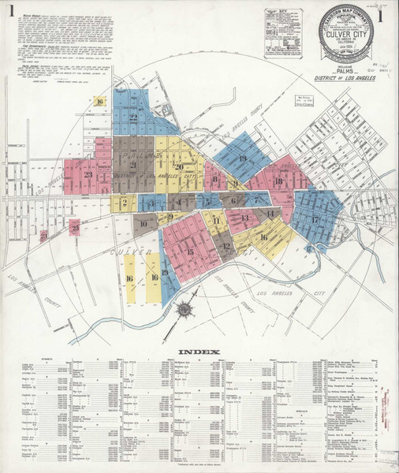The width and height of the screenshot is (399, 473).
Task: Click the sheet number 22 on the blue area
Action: [x=134, y=118]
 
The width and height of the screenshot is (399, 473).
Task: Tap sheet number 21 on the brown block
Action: [x=131, y=166]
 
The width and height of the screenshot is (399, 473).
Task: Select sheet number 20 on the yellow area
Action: [x=180, y=166]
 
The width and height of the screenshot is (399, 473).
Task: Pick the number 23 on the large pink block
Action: [x=89, y=175]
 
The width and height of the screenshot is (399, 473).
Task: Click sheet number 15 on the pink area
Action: [x=189, y=251]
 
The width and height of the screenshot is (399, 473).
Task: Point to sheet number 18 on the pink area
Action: [x=278, y=181]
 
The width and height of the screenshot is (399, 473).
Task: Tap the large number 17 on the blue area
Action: [x=315, y=218]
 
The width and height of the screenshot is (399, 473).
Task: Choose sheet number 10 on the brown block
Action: [x=143, y=224]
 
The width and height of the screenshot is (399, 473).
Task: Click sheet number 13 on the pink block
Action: [x=245, y=218]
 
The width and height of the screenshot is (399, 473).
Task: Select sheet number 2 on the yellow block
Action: [x=124, y=203]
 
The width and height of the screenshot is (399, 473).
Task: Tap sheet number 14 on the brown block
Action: [x=270, y=213]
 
